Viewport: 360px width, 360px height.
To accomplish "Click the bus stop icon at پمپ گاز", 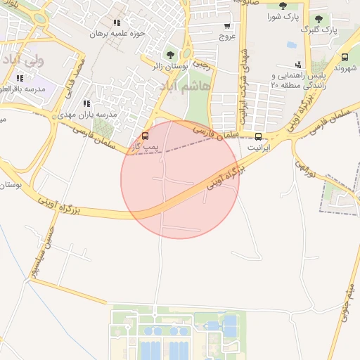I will click(x=146, y=135).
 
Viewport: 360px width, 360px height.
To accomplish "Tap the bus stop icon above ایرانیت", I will click(x=258, y=136).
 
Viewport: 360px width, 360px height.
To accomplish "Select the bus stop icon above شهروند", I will click(x=345, y=58).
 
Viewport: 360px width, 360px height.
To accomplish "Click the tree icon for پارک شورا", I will click(x=283, y=6).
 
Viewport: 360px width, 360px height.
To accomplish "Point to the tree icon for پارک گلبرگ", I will click(x=319, y=19).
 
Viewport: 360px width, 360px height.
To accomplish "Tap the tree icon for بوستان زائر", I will click(x=170, y=54).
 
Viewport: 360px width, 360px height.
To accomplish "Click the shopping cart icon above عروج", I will click(x=226, y=26).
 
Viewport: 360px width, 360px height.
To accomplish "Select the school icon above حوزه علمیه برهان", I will click(x=117, y=22).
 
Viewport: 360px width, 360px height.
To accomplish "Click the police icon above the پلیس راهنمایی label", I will click(x=298, y=65).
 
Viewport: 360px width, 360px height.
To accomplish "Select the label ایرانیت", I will click(x=259, y=148).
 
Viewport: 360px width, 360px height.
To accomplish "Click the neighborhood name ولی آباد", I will click(x=25, y=60).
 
